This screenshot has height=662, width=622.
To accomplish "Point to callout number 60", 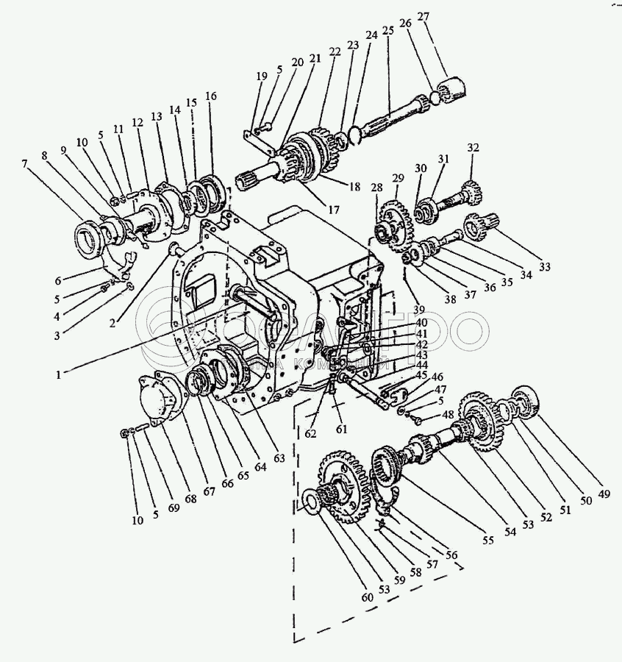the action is pyautogui.click(x=368, y=597).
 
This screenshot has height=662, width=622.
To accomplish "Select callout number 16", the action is pyautogui.click(x=212, y=96).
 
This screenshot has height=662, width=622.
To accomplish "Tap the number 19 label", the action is pyautogui.click(x=261, y=76).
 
